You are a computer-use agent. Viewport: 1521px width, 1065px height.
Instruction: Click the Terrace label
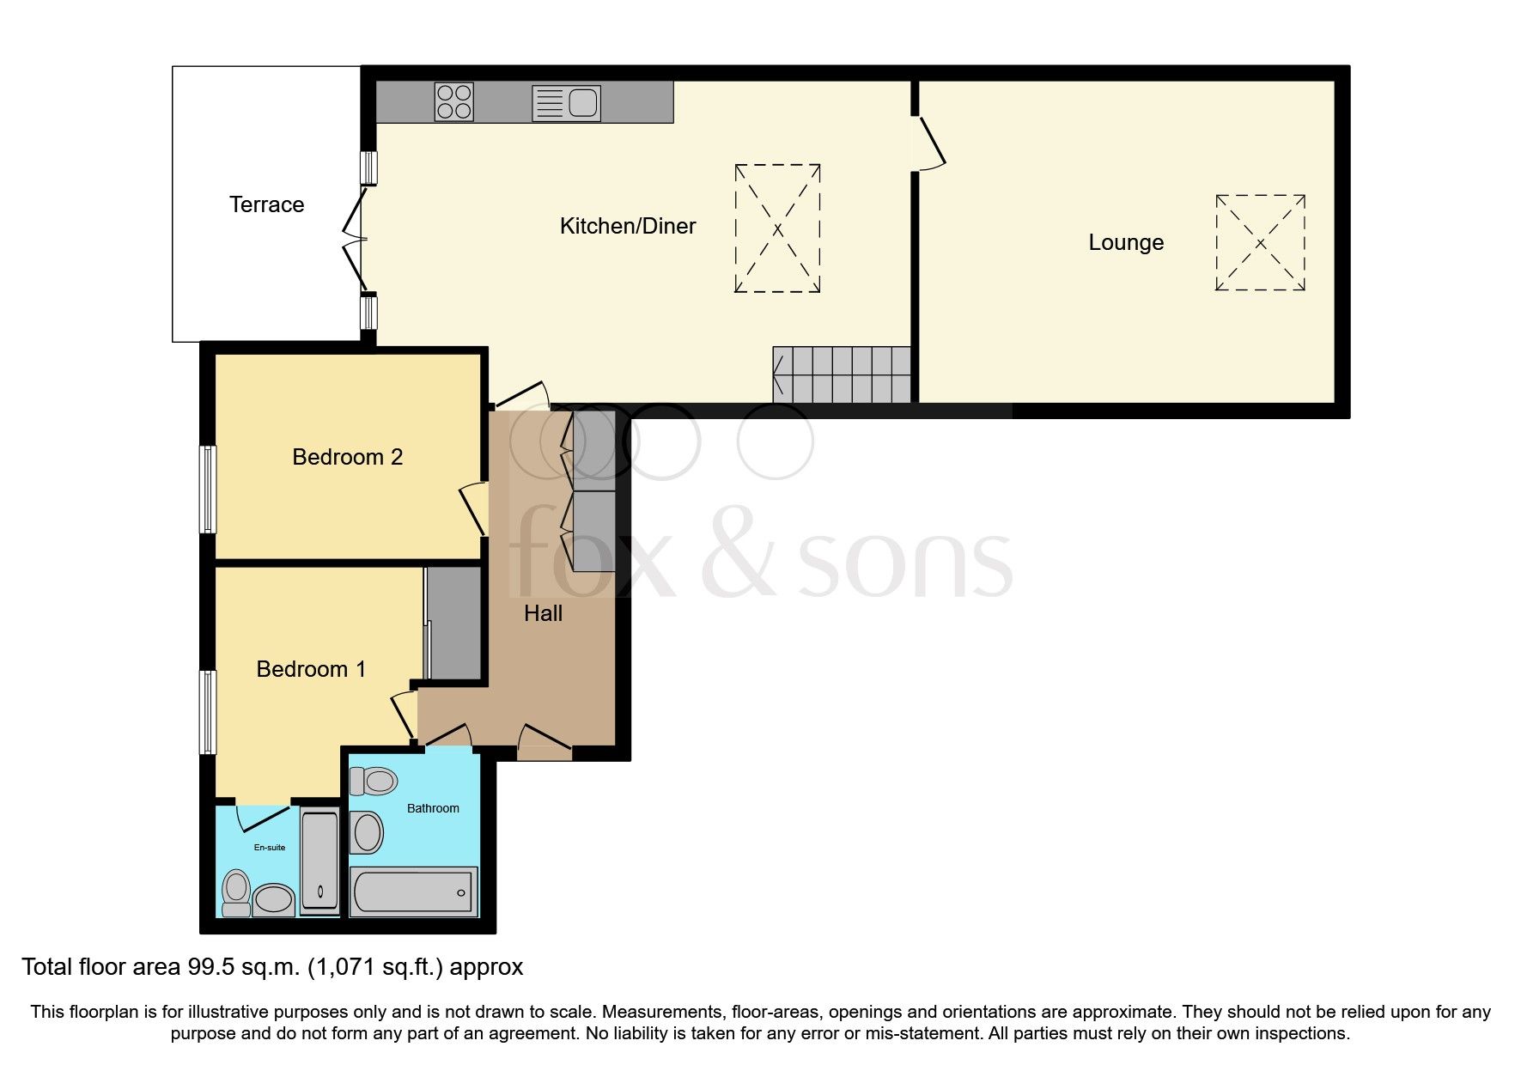click(x=266, y=204)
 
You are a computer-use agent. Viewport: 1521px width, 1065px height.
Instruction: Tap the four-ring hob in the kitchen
click(x=453, y=101)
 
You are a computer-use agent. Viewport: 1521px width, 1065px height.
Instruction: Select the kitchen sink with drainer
click(x=566, y=103)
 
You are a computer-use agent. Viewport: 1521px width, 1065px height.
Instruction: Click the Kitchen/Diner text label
click(x=627, y=226)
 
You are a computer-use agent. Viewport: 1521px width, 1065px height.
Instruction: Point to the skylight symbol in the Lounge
click(x=1260, y=243)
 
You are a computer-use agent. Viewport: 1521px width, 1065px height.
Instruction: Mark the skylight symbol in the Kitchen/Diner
click(x=777, y=228)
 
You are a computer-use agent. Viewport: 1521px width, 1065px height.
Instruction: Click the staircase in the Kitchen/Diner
click(x=842, y=374)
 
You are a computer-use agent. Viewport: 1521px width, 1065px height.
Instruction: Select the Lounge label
click(x=1125, y=242)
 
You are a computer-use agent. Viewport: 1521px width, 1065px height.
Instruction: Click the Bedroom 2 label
click(x=347, y=457)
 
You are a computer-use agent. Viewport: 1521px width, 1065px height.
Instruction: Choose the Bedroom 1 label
click(x=311, y=669)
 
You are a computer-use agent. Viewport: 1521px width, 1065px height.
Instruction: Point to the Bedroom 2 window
click(x=207, y=489)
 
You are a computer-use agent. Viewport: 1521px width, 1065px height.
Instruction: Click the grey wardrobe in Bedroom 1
click(x=454, y=623)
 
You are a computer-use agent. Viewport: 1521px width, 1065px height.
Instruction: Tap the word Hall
click(x=543, y=613)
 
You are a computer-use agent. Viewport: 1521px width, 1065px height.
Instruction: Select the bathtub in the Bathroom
click(x=413, y=891)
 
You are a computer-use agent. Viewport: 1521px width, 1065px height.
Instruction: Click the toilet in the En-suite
click(x=236, y=892)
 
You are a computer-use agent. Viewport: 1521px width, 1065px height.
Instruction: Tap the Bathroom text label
click(x=433, y=808)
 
